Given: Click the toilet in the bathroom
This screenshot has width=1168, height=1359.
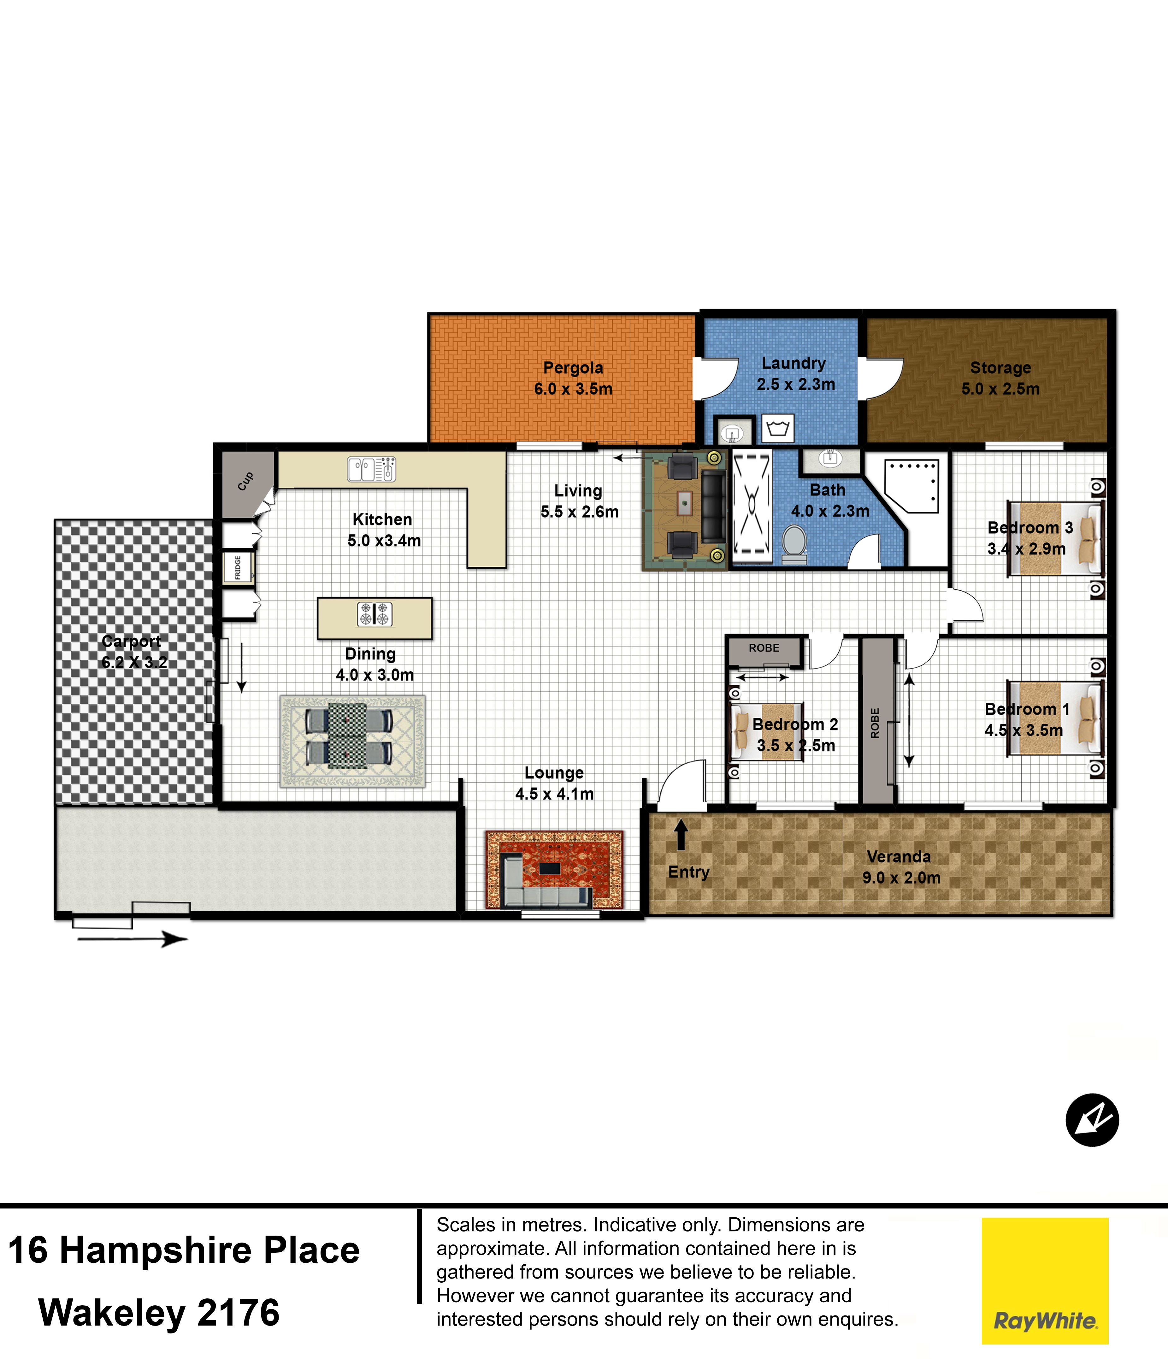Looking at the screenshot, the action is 794,544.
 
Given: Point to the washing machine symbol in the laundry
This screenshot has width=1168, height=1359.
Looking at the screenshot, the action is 778,429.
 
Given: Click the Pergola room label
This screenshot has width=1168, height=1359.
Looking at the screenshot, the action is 573,368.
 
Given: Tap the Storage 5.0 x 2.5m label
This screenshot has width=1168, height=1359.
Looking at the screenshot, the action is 1001,378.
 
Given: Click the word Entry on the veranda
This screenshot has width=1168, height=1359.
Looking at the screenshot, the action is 689,872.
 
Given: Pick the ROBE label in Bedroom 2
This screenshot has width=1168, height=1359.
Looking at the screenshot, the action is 764,648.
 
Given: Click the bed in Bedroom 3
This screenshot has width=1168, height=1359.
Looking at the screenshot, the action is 1056,539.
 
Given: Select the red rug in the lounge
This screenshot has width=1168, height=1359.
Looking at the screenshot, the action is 554,870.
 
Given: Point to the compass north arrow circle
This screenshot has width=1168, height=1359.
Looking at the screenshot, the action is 1092,1120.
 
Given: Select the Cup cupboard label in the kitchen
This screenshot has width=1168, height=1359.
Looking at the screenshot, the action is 245,481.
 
